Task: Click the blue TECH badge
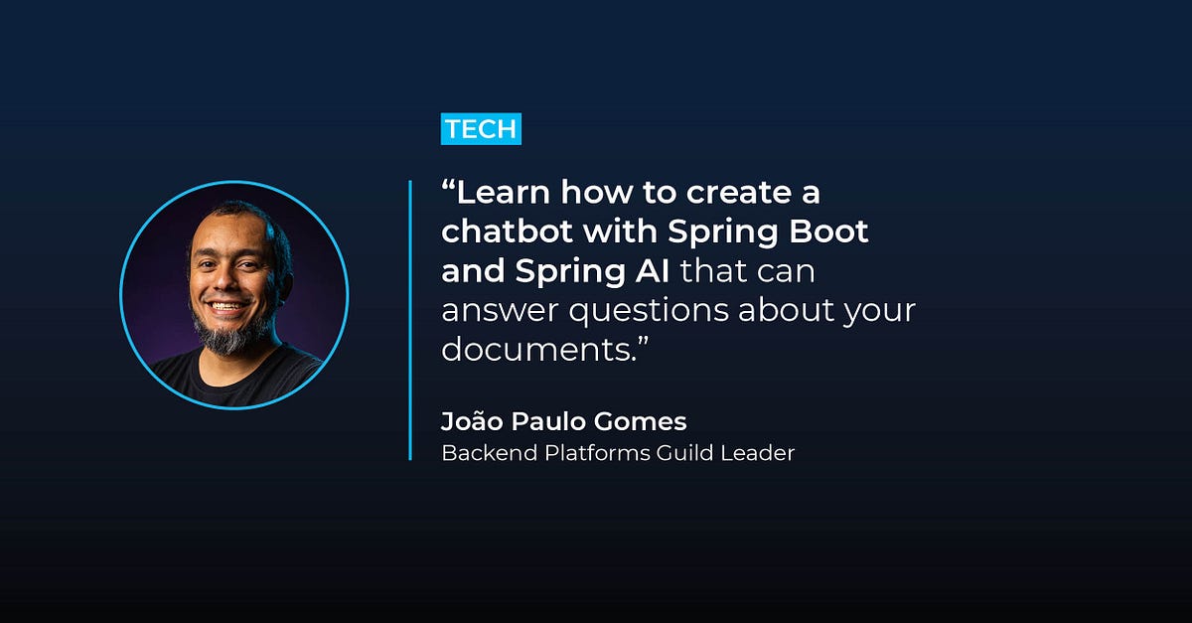481,128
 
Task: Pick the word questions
650,311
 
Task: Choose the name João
472,420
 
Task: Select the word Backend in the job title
480,453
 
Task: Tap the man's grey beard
229,336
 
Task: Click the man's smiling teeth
227,307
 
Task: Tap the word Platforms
587,453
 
